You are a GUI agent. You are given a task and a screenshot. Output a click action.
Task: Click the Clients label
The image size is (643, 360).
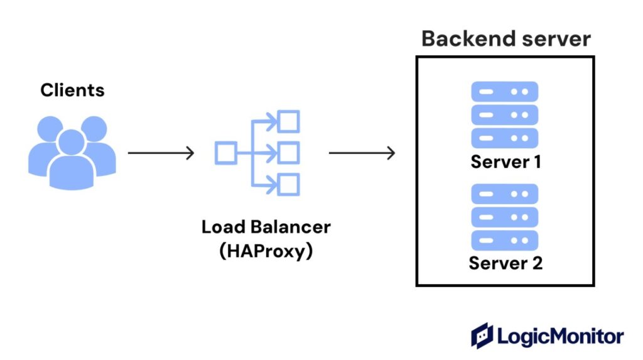coord(72,90)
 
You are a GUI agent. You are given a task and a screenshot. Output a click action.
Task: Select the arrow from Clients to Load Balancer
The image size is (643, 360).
coord(161,153)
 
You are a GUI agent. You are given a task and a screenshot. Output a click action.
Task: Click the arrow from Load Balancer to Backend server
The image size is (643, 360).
coord(362,153)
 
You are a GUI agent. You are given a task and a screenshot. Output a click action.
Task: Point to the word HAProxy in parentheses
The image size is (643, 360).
coord(266,251)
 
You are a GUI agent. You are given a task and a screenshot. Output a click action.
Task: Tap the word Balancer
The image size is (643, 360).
coord(291,227)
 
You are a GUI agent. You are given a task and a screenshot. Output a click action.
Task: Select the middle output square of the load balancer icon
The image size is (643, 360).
coord(289,153)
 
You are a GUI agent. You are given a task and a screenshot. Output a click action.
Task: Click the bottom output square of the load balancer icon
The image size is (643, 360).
coord(289,185)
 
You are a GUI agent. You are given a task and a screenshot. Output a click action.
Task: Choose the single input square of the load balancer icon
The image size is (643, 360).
coord(225,153)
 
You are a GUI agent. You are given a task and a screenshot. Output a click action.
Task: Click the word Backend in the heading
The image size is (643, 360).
coord(462,39)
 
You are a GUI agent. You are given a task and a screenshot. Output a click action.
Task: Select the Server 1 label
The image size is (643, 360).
coord(505,161)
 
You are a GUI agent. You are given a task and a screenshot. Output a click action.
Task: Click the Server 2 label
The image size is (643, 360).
coord(505,263)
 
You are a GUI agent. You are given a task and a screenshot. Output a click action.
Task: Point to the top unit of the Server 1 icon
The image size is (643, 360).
coord(505,91)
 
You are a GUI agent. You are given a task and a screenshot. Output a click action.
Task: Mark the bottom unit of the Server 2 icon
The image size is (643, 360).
coord(505,240)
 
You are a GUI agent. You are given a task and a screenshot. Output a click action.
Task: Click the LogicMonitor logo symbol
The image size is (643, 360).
coord(482,335)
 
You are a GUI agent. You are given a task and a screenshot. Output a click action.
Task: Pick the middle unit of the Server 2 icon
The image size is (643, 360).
coord(505,217)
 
